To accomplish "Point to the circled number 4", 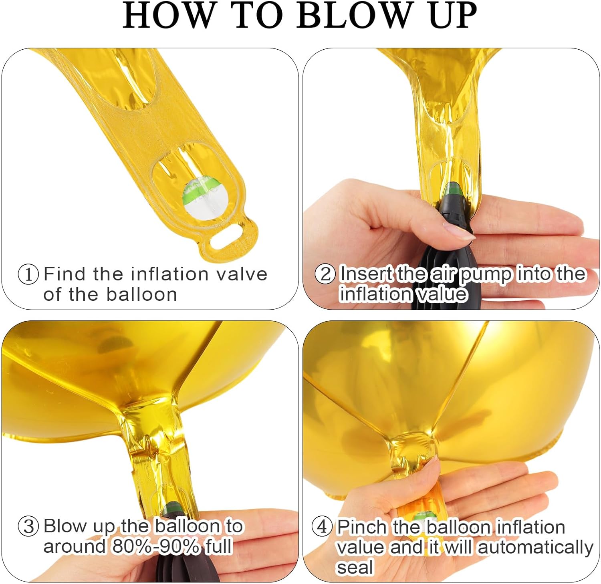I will click(322, 527).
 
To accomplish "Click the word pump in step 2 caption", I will click(485, 275).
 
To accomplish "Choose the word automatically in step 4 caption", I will click(535, 547).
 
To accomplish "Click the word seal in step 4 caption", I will click(355, 568).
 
